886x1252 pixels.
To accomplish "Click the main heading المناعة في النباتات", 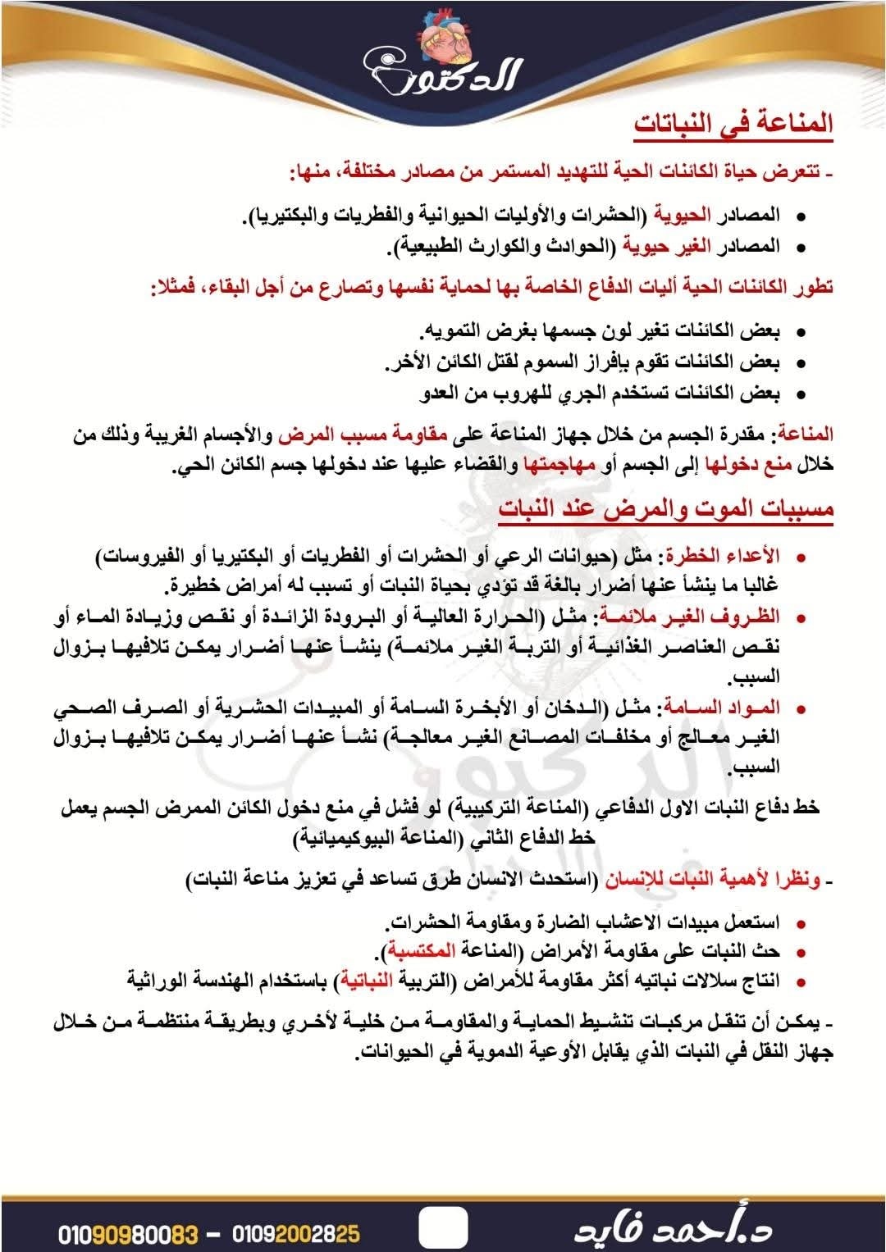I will (x=733, y=124).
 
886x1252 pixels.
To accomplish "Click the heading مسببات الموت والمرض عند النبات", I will (x=666, y=509).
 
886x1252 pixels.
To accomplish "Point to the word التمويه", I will (x=450, y=331).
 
